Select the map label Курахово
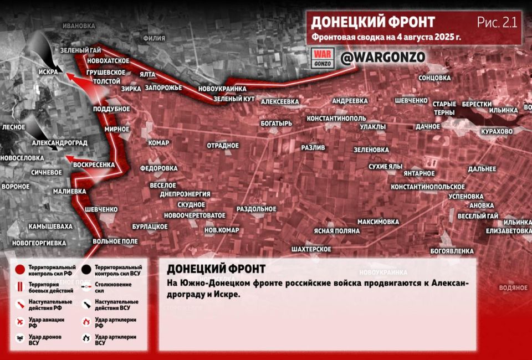point(497,131)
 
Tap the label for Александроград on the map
point(60,142)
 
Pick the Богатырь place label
point(276,123)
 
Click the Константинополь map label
point(336,119)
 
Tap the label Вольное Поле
point(115,241)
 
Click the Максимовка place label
point(378,222)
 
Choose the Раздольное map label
point(256,209)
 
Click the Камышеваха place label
point(50,226)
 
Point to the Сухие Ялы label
point(385,166)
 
